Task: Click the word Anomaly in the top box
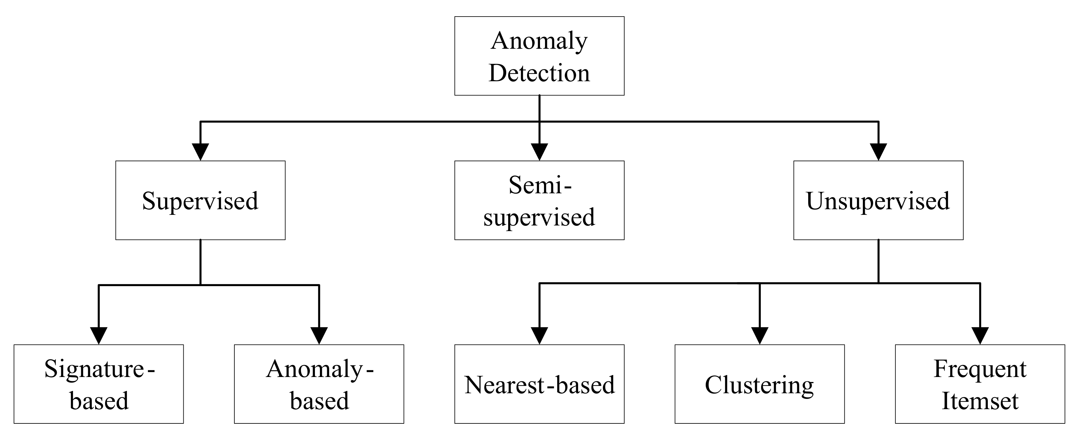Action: (x=539, y=41)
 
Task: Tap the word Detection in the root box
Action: (x=539, y=73)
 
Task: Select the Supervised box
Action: (x=200, y=200)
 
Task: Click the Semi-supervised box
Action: (x=539, y=200)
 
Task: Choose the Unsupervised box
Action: (x=878, y=200)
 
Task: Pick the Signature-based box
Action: (x=99, y=384)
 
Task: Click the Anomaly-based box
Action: (x=319, y=384)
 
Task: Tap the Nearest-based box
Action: (x=539, y=384)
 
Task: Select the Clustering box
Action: (x=759, y=384)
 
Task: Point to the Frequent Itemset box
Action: (x=980, y=384)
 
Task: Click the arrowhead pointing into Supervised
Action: (x=200, y=152)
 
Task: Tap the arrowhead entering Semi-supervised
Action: (x=539, y=152)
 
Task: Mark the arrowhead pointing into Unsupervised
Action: (x=878, y=152)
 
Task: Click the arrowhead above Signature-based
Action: (x=99, y=336)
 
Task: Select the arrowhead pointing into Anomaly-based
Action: (x=319, y=336)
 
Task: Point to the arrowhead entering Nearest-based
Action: (x=539, y=336)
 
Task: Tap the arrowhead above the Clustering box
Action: (x=759, y=336)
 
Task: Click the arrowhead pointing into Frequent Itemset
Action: (x=980, y=336)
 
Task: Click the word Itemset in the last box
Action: (x=980, y=401)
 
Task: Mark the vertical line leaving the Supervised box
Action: (x=200, y=263)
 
